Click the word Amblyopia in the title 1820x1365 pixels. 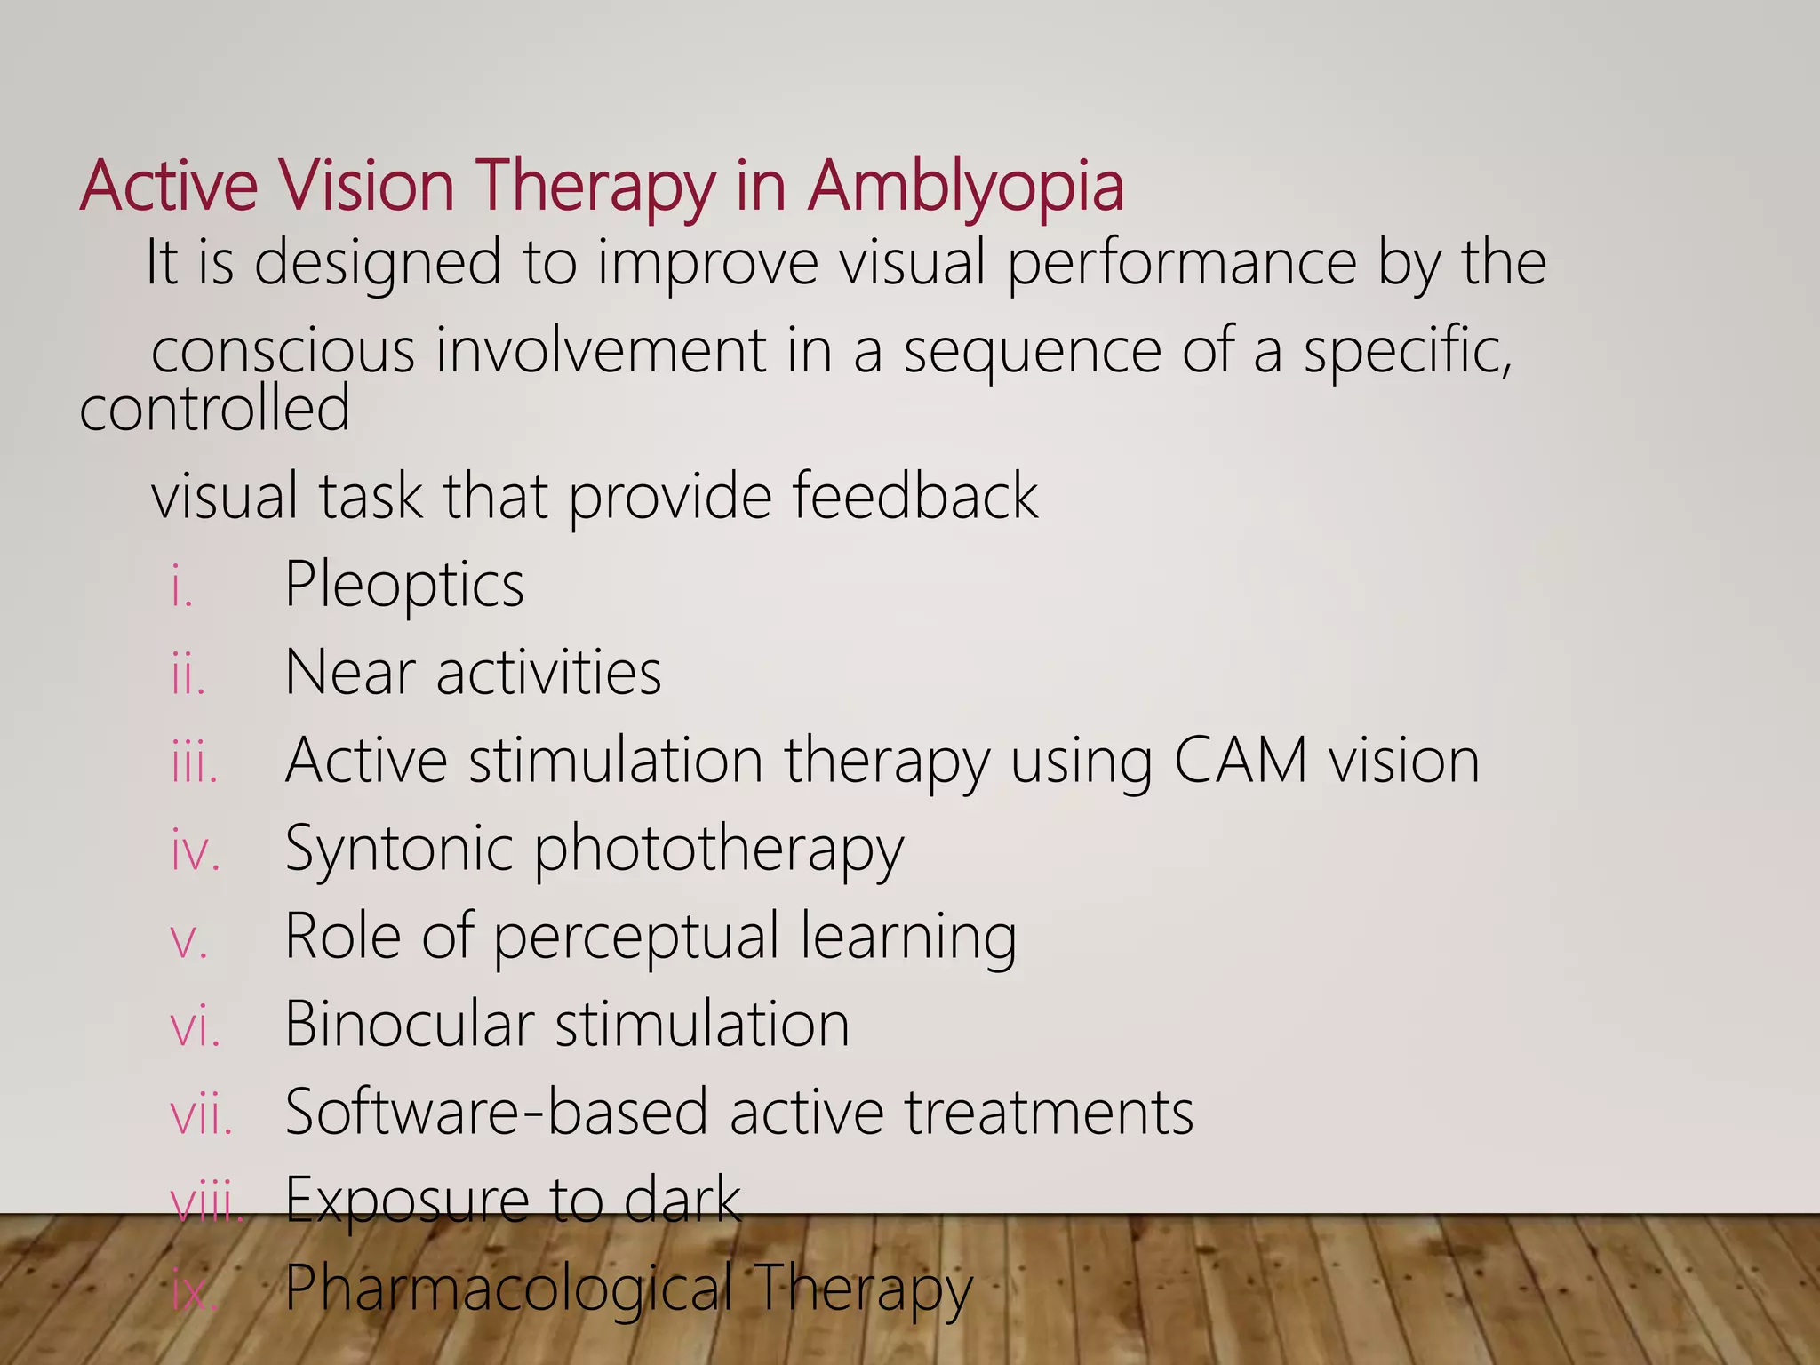(965, 187)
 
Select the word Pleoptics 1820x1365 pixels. (404, 585)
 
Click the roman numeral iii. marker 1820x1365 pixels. (195, 763)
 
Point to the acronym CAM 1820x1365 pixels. (1241, 761)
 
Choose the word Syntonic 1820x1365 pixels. (399, 849)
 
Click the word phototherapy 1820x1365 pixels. (718, 849)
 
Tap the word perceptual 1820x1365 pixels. (635, 937)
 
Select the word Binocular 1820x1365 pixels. (410, 1024)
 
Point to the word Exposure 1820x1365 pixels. (407, 1200)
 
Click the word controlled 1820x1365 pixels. (215, 408)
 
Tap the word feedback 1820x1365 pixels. (914, 495)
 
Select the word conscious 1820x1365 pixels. (283, 350)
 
